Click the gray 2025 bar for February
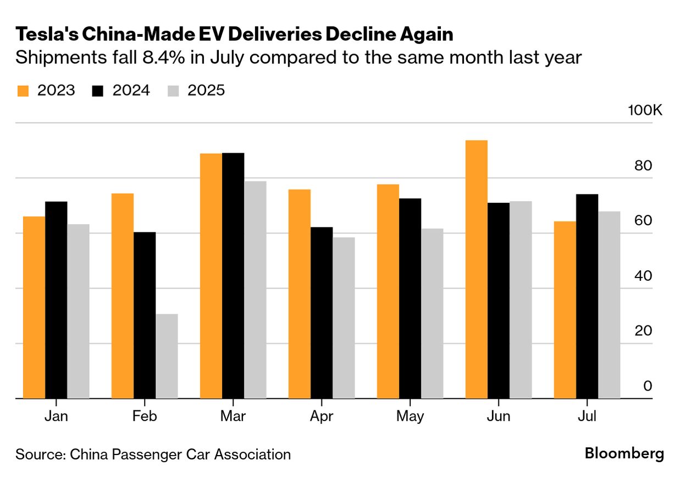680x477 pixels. click(x=167, y=356)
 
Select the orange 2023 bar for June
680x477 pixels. click(x=476, y=269)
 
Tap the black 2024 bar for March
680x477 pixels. click(x=233, y=275)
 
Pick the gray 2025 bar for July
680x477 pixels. click(x=609, y=305)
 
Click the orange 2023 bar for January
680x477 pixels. click(x=34, y=307)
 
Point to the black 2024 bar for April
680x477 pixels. click(x=322, y=313)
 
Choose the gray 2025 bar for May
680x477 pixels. click(x=432, y=313)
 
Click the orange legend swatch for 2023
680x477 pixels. click(x=23, y=91)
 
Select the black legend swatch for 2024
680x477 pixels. click(x=98, y=91)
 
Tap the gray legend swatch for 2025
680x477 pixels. click(x=173, y=91)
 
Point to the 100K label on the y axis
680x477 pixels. click(x=645, y=110)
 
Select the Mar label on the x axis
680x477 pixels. click(x=233, y=417)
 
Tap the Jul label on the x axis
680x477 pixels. click(x=587, y=417)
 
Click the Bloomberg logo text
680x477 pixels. click(x=624, y=454)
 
